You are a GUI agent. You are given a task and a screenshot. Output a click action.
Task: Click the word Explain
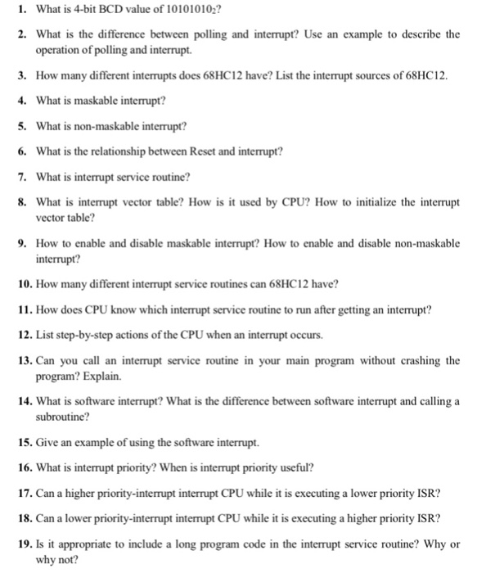pos(101,377)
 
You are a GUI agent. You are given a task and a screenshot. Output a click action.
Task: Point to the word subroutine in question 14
pos(63,417)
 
